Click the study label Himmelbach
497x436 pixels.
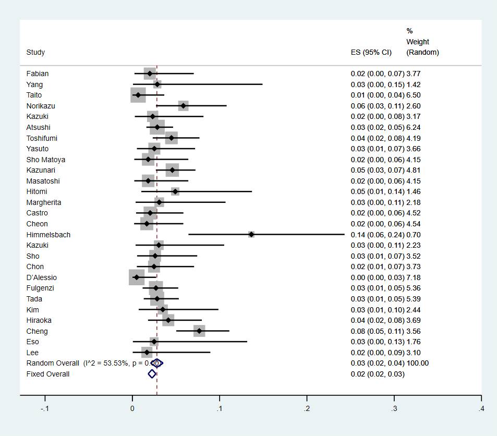coord(48,235)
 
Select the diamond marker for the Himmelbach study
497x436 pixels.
coord(251,235)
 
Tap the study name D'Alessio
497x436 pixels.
coord(42,277)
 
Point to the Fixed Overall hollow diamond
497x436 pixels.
coord(152,374)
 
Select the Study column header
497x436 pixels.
coord(35,52)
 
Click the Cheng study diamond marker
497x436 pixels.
coord(199,331)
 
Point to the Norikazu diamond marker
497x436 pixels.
coord(183,106)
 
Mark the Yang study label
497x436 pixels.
coord(34,84)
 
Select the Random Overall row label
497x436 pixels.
coord(53,363)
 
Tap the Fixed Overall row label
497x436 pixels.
coord(48,374)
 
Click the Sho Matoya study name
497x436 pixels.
coord(46,160)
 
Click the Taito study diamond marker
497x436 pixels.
coord(138,95)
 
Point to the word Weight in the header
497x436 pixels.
coord(418,42)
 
